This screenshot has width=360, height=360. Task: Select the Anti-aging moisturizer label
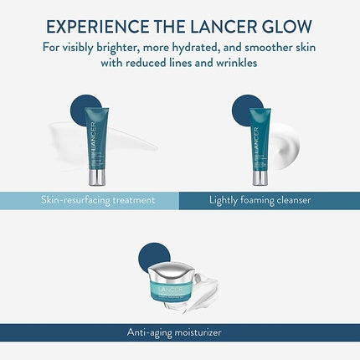click(179, 332)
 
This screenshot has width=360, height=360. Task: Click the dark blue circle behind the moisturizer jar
click(154, 255)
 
